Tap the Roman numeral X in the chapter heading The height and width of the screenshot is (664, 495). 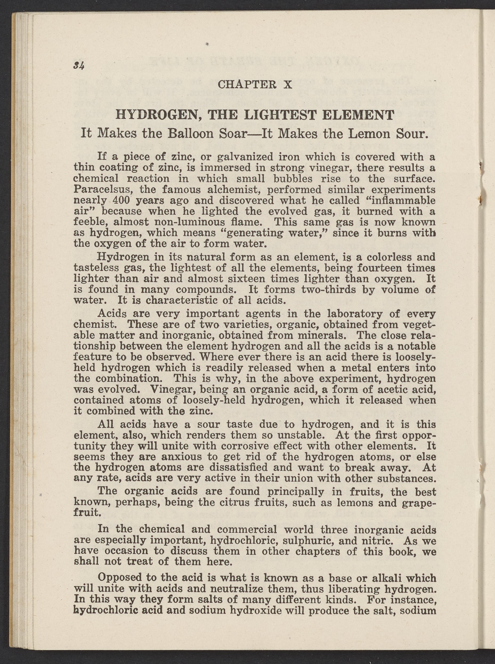[287, 85]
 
